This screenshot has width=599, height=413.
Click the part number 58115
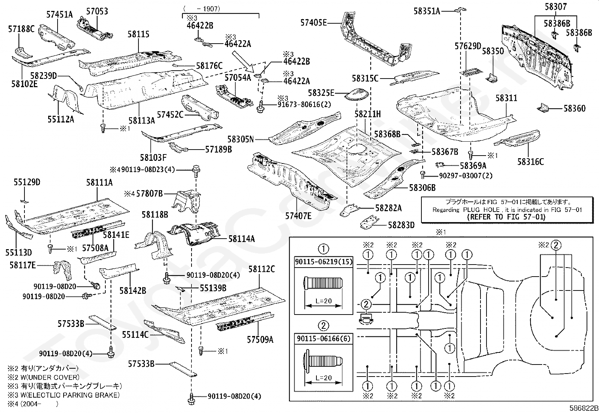point(138,34)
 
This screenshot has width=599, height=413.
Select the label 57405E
point(313,23)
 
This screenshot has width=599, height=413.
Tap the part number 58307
point(555,6)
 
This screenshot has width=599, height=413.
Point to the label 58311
point(506,98)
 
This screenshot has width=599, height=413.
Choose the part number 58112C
point(261,269)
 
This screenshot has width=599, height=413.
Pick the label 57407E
point(298,215)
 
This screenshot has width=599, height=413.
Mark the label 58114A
point(241,239)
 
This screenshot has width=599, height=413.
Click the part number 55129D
point(27,182)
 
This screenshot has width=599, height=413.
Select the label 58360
point(575,109)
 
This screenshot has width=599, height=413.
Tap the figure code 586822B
point(583,408)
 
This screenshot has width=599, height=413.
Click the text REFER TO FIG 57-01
point(506,217)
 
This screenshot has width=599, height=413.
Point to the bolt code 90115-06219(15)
point(323,262)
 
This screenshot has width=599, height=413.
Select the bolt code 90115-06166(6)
point(323,338)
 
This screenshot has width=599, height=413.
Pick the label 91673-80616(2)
point(304,105)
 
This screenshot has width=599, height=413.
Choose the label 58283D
point(401,225)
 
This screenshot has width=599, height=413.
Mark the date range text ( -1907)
point(202,8)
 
